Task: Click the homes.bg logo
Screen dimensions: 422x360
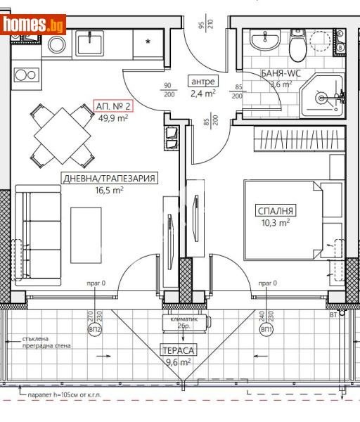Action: pyautogui.click(x=34, y=25)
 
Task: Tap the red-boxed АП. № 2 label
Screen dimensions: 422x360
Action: pyautogui.click(x=113, y=106)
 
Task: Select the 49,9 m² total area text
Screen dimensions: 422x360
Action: pyautogui.click(x=113, y=118)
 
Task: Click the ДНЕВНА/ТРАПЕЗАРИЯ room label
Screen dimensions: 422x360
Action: pyautogui.click(x=109, y=179)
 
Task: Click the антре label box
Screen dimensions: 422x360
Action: pyautogui.click(x=203, y=82)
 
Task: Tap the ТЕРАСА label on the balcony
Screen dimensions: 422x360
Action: pyautogui.click(x=176, y=350)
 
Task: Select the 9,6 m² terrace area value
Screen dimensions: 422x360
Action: pyautogui.click(x=176, y=362)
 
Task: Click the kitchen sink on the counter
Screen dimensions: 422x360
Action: pyautogui.click(x=91, y=45)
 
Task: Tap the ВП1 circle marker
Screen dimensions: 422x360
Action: pyautogui.click(x=266, y=329)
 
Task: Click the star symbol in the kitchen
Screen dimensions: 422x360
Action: pyautogui.click(x=148, y=41)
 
